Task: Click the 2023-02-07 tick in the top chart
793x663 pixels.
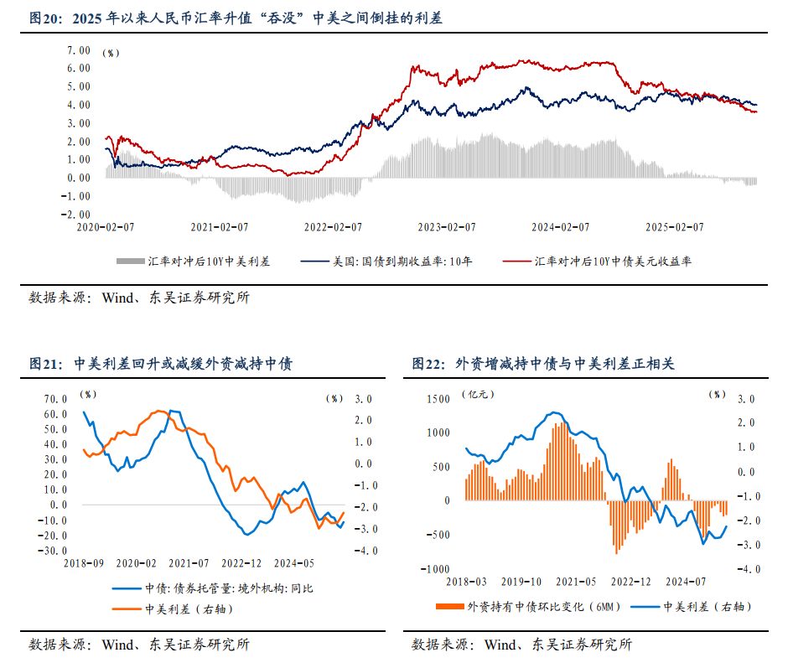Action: pos(446,226)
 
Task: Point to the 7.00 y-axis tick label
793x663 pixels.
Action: pos(78,50)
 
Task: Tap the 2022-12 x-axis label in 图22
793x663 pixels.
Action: pos(630,580)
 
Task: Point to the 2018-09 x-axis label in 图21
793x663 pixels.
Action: pos(86,562)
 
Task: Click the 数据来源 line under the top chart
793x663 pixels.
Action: pos(138,297)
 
